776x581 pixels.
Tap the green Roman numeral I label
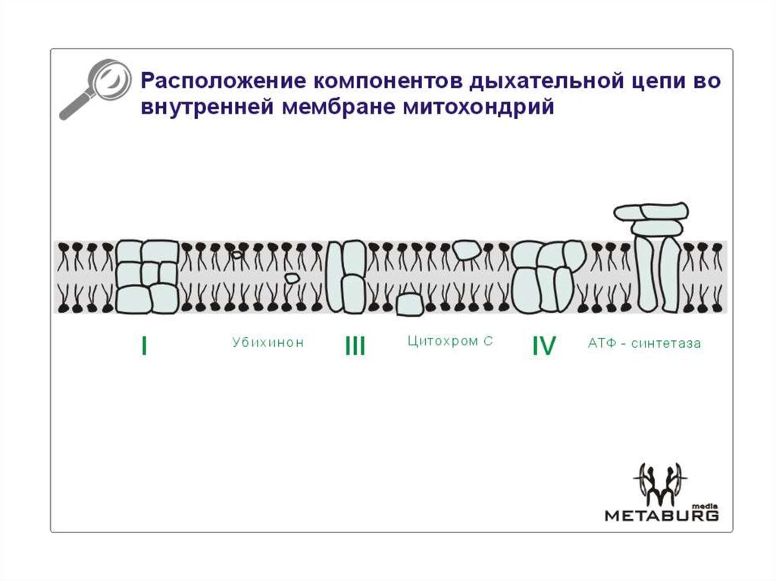tap(144, 346)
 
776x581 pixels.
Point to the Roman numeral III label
tap(355, 346)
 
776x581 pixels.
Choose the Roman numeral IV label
tap(543, 346)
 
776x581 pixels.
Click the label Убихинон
tap(268, 342)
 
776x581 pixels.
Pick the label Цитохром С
tap(450, 342)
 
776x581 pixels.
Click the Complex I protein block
tap(148, 276)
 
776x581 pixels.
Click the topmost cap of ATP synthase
tap(651, 211)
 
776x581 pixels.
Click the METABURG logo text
tap(661, 516)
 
